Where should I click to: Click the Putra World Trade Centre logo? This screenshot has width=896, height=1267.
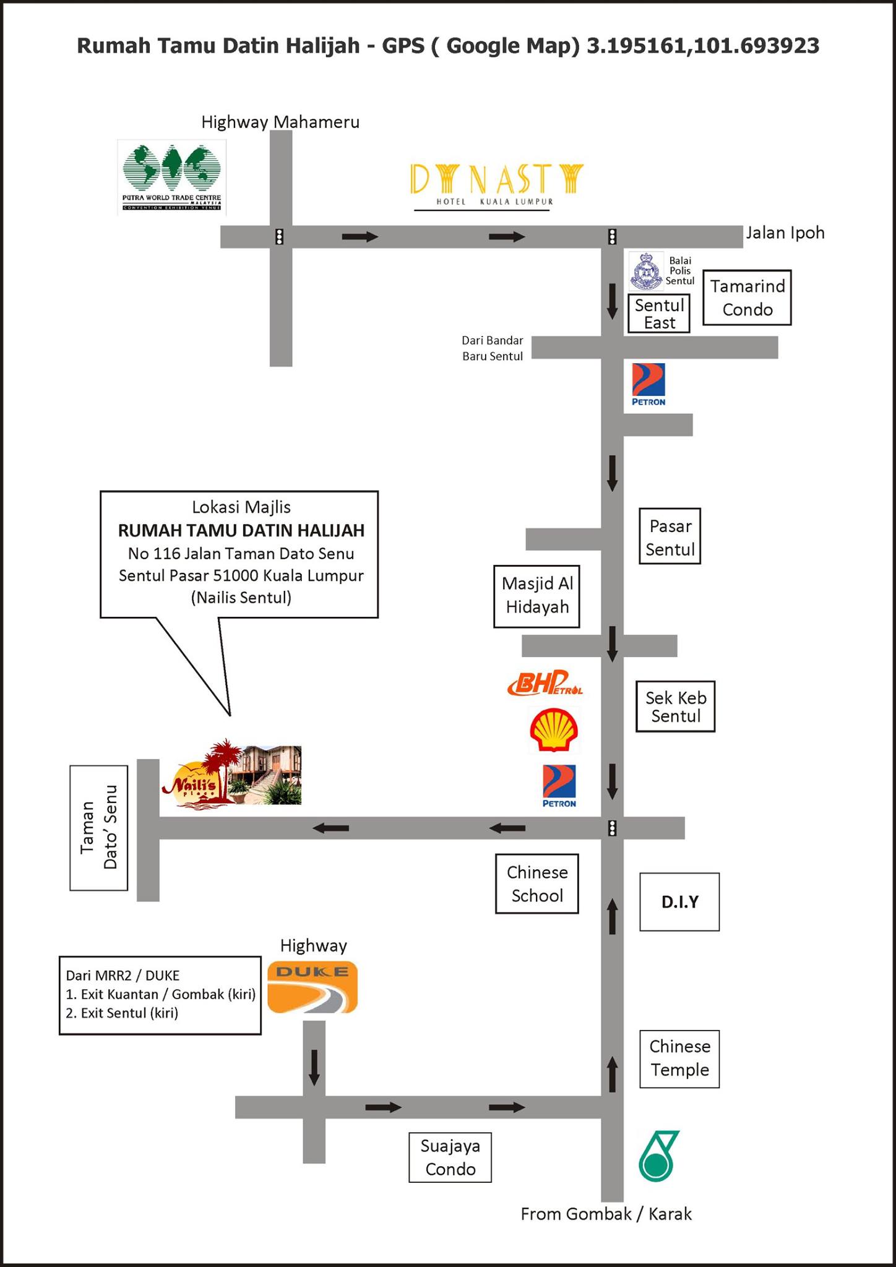coord(172,178)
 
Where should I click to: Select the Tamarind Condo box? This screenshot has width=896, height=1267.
coord(747,298)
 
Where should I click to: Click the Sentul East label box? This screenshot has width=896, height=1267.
coord(659,314)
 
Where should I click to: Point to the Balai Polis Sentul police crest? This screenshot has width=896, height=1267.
coord(646,271)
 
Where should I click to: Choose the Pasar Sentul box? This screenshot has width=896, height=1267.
coord(670,536)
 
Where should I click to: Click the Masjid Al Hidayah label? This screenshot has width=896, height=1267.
coord(537,596)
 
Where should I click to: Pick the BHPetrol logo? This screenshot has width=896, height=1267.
coord(545,682)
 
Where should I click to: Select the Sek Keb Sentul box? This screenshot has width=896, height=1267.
coord(676,707)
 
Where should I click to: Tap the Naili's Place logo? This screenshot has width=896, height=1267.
coord(231,773)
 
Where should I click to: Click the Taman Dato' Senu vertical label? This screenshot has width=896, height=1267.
coord(99,828)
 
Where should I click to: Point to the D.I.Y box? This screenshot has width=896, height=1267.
coord(679,902)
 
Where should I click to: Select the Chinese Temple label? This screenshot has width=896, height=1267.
coord(679,1059)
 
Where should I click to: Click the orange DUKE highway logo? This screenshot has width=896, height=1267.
coord(312,987)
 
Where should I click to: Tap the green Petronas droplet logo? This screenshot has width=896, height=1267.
coord(658,1156)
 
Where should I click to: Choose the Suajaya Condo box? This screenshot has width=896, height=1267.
coord(450,1157)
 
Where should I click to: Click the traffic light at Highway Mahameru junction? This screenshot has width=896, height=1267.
coord(280,237)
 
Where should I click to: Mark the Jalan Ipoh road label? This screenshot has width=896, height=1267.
coord(785,233)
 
